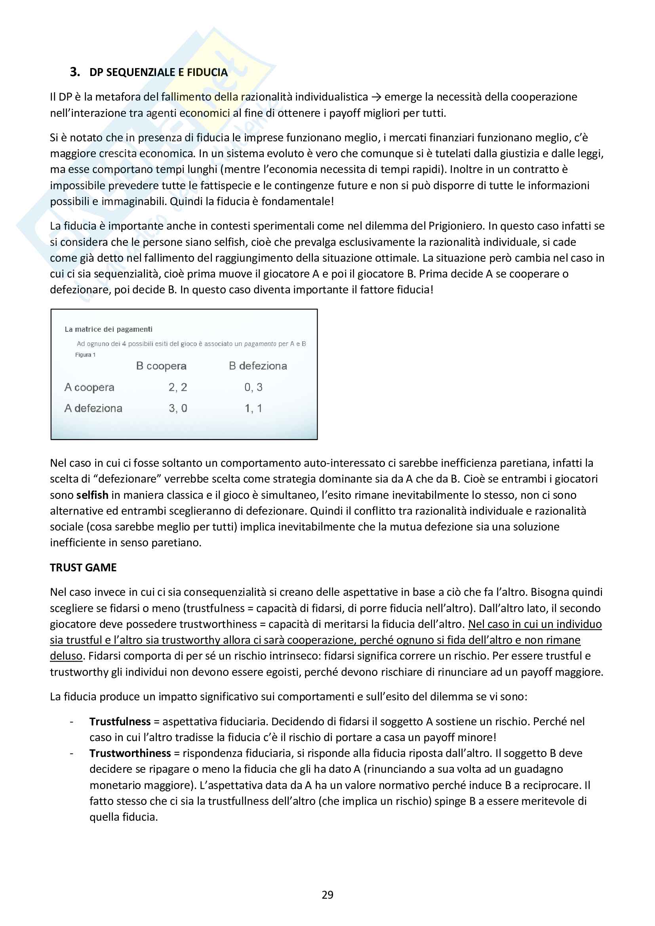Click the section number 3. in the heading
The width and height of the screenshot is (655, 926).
point(74,72)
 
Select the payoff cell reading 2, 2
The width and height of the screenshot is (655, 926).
point(178,387)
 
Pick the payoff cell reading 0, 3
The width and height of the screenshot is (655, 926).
point(253,387)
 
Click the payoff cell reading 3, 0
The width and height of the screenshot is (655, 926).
point(178,408)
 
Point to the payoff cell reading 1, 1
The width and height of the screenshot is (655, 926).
point(253,408)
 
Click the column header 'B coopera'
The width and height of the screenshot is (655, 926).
point(161,366)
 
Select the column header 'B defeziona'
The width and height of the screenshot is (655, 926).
point(258,366)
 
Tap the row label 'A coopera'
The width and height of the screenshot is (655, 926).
point(89,387)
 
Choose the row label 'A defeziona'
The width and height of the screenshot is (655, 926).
point(93,408)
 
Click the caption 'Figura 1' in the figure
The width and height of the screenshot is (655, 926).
point(85,355)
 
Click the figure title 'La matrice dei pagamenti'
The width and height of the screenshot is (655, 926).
point(109,329)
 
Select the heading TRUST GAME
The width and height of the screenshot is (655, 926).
point(83,567)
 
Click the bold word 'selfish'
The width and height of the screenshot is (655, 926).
point(92,495)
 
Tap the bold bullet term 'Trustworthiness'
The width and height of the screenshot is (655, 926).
point(130,753)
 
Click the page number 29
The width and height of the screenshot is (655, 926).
point(327,895)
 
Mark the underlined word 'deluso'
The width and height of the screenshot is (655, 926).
point(66,656)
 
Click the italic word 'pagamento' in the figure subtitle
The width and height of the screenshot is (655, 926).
point(260,344)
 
